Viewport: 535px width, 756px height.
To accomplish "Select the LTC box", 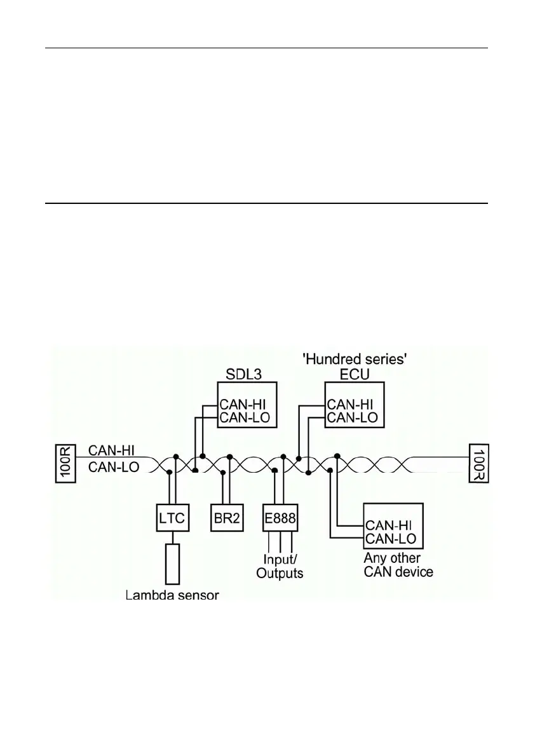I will (172, 518).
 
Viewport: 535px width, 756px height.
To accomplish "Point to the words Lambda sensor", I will (172, 595).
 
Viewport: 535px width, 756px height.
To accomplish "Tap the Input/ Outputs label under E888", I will (280, 566).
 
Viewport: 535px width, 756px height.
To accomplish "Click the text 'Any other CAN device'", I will (398, 565).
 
